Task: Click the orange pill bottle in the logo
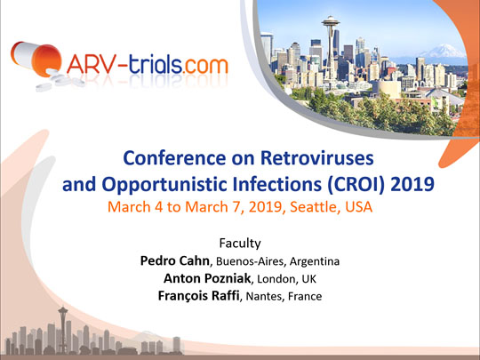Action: point(36,58)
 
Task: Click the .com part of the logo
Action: point(205,66)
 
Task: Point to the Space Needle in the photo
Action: point(331,46)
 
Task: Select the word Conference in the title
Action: point(174,158)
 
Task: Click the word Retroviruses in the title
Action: point(316,158)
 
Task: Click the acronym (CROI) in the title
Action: point(355,185)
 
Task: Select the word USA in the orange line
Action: point(359,207)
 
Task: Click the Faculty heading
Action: point(240,244)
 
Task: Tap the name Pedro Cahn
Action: point(175,260)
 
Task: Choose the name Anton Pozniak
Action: point(207,278)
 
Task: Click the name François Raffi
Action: point(199,296)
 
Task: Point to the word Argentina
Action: point(315,261)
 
